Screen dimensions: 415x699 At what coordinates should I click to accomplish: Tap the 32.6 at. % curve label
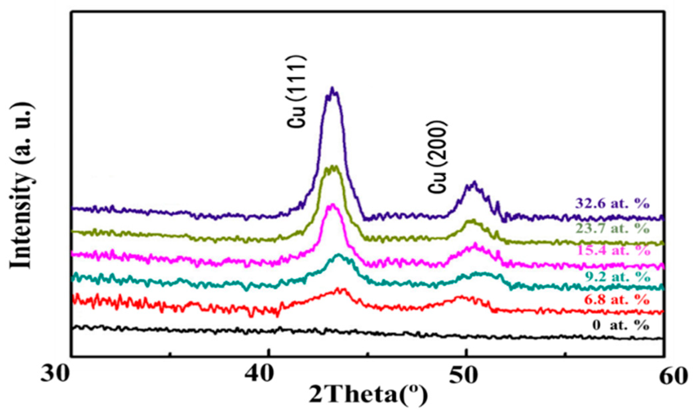[x=612, y=203]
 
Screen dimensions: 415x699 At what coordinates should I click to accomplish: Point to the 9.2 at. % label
[x=618, y=277]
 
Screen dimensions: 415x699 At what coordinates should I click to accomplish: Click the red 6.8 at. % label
[x=617, y=300]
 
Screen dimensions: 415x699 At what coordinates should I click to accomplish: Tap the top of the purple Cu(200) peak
[x=474, y=183]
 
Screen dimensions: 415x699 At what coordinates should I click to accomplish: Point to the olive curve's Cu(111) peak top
[x=333, y=167]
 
